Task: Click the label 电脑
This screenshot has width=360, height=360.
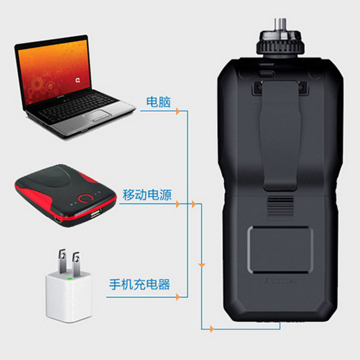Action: click(x=158, y=102)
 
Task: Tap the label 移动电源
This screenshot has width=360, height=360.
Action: click(x=147, y=195)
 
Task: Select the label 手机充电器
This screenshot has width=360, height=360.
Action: click(x=139, y=284)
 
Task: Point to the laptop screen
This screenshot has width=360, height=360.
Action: click(x=54, y=72)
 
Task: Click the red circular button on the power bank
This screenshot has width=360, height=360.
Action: click(x=86, y=198)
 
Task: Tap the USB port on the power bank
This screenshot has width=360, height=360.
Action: click(x=95, y=214)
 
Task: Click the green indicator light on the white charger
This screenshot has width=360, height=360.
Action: click(x=69, y=279)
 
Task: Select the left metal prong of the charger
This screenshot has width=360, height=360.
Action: click(x=62, y=261)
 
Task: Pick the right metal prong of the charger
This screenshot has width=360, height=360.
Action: click(x=76, y=263)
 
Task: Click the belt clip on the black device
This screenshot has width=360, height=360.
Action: click(x=280, y=135)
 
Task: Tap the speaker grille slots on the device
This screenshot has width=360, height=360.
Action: click(x=280, y=207)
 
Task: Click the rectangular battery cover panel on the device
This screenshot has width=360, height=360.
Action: click(x=280, y=250)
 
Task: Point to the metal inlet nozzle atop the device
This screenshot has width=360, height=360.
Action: click(x=280, y=25)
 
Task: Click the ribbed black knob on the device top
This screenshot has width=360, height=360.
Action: click(x=280, y=44)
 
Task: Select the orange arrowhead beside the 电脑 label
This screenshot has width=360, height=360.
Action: click(x=178, y=111)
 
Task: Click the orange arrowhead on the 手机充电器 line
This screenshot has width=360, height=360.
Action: click(x=178, y=297)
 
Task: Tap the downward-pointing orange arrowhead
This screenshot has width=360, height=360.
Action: click(x=202, y=265)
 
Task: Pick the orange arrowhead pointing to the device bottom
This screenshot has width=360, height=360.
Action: click(x=212, y=329)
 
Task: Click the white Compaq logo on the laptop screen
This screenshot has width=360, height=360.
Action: click(x=78, y=81)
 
